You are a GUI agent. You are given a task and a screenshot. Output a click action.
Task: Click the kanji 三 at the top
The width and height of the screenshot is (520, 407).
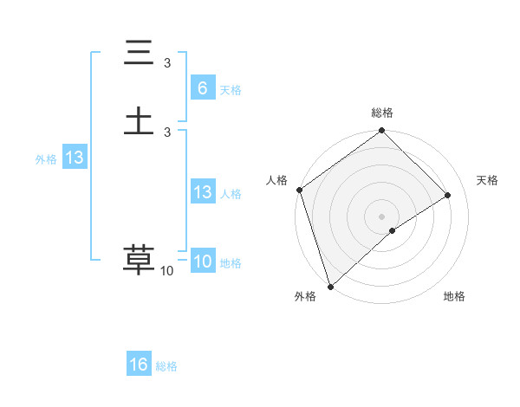point(139,54)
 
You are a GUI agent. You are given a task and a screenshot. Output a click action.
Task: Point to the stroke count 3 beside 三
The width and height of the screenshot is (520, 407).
point(167,63)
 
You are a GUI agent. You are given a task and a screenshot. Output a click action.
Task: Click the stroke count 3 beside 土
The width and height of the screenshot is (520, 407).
point(167,132)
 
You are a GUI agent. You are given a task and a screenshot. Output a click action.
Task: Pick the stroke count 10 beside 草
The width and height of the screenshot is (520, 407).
point(167,271)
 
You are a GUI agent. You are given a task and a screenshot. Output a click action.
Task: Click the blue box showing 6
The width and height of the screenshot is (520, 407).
point(202,88)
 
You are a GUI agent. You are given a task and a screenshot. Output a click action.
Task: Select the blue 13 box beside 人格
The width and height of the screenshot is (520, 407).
point(202,192)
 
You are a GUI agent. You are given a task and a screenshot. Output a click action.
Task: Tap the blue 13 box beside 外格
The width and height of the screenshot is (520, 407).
point(74,158)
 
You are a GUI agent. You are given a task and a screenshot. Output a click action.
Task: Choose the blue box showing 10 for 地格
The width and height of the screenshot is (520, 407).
point(202,262)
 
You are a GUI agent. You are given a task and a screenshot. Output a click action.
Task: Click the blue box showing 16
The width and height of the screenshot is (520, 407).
point(139,365)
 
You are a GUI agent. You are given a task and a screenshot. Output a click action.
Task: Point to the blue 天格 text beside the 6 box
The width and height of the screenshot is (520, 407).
point(231,90)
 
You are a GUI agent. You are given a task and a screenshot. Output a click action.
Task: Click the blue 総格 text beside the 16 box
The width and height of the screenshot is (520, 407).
point(166,366)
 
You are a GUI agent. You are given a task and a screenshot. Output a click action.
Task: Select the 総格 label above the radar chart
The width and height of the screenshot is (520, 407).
point(382,113)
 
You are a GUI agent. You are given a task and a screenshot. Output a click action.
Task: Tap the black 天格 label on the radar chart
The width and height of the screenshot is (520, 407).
point(487,180)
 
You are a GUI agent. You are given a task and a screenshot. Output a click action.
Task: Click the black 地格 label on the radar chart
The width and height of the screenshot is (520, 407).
point(454,296)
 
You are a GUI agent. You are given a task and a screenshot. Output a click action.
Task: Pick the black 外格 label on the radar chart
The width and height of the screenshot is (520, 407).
point(305,296)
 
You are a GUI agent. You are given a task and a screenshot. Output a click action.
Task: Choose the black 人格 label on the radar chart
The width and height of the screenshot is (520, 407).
point(276,180)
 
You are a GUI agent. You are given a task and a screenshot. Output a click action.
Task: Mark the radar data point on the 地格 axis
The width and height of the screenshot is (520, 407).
point(393,230)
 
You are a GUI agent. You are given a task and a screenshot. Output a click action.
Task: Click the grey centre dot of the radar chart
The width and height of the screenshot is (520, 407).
point(382,216)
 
